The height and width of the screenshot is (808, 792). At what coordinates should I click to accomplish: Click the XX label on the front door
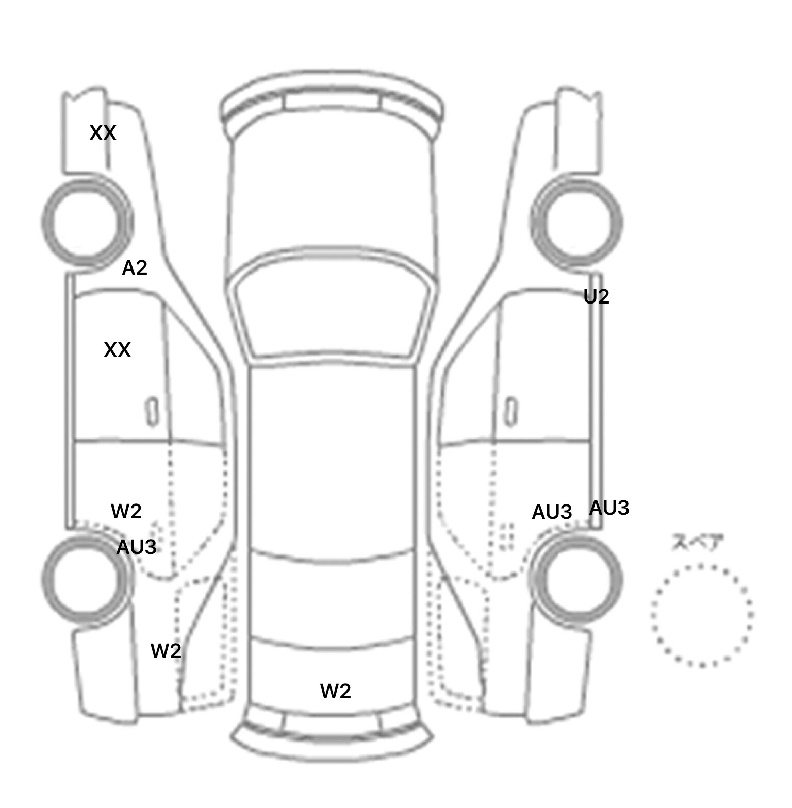(x=117, y=350)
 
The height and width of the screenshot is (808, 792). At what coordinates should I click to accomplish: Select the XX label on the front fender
(x=103, y=133)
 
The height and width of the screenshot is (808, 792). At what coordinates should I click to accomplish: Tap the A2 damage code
(x=135, y=268)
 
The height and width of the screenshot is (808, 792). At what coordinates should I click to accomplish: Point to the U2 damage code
(x=596, y=297)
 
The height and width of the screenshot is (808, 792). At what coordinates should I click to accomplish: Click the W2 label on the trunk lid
(x=335, y=691)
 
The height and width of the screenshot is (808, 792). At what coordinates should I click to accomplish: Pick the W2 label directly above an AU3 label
(x=126, y=511)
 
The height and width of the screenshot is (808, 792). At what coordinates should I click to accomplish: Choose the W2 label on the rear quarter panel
(x=166, y=651)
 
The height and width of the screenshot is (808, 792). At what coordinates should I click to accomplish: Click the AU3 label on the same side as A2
(x=136, y=547)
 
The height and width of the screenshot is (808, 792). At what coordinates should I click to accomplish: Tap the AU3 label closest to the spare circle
(x=609, y=508)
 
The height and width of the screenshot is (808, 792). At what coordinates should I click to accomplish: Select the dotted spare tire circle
(x=702, y=615)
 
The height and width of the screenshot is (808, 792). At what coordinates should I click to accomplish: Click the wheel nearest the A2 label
(x=87, y=222)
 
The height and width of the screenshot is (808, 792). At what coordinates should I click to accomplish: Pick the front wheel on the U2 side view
(x=576, y=223)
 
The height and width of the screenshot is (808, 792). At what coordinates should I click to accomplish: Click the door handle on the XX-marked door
(x=152, y=411)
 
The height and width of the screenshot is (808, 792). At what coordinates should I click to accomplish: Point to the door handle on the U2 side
(x=511, y=411)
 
